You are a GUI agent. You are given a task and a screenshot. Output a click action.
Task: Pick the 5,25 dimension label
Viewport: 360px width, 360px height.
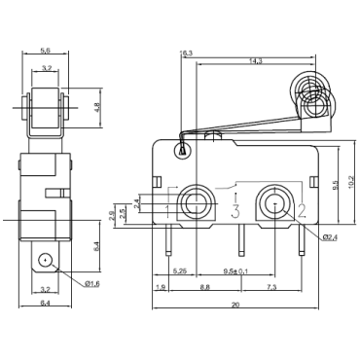179,270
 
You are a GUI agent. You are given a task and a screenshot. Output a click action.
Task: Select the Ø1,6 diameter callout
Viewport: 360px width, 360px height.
90,282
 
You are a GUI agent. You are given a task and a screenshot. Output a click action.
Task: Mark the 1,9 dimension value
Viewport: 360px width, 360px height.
160,288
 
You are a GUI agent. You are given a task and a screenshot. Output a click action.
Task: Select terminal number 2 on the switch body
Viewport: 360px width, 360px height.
300,209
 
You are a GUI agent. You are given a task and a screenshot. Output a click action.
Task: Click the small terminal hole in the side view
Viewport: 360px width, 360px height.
45,260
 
